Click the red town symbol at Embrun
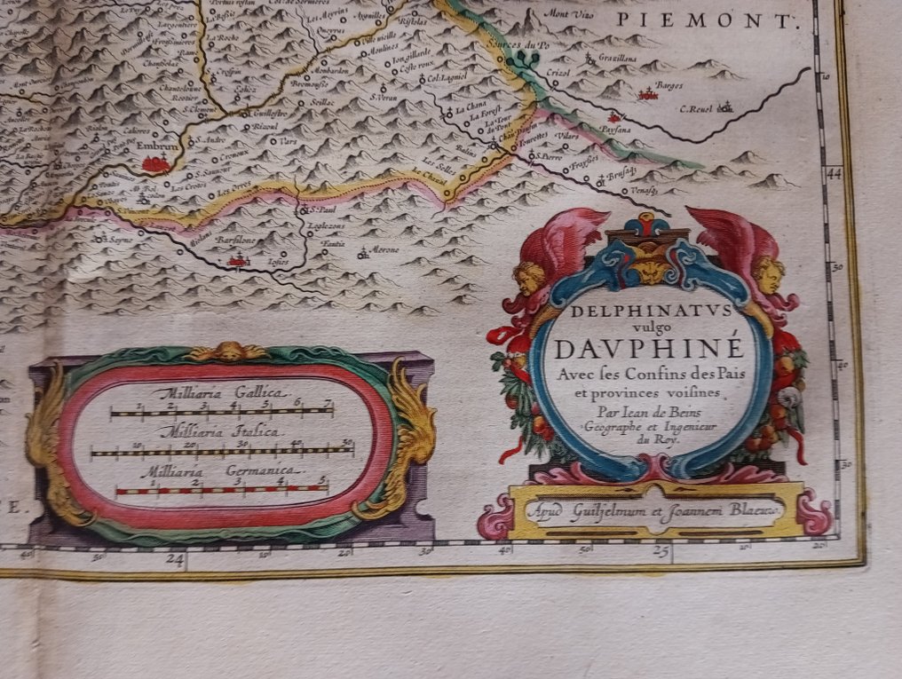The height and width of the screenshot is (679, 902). pyautogui.click(x=155, y=162)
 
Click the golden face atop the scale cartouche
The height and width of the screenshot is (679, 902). pyautogui.click(x=229, y=351)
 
